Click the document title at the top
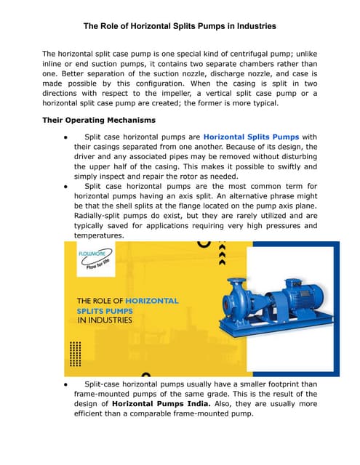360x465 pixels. click(x=180, y=26)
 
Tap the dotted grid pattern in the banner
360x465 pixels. click(x=75, y=355)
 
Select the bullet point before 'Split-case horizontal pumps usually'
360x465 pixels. click(x=66, y=384)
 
